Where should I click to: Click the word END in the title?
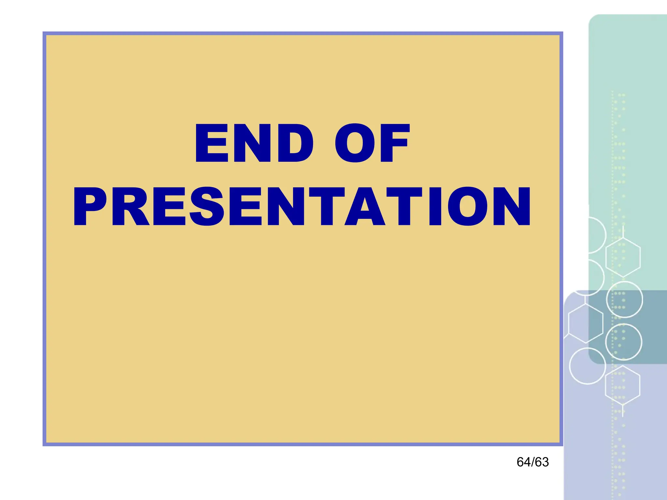coord(254,143)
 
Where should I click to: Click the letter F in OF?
coord(394,143)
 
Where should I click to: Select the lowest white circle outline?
coord(587,366)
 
